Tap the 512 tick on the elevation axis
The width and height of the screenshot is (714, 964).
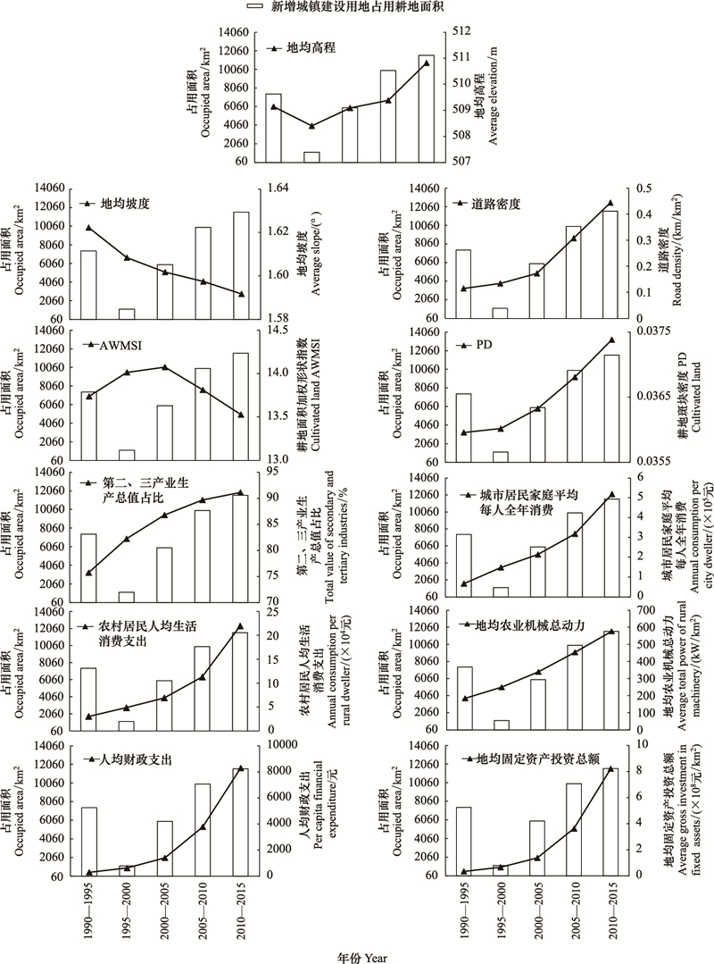(x=460, y=31)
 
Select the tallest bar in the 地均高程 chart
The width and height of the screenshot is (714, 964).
(x=426, y=109)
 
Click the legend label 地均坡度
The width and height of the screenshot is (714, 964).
(x=125, y=203)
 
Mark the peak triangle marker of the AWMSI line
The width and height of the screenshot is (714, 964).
(x=163, y=367)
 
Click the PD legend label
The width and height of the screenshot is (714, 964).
(x=484, y=346)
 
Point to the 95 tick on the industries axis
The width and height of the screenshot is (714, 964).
(x=270, y=472)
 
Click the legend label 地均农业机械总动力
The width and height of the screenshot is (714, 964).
(x=530, y=625)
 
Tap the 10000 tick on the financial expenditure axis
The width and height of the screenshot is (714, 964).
(x=280, y=744)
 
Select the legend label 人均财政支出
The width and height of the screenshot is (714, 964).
(x=135, y=760)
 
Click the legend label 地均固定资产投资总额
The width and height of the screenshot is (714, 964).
(x=538, y=759)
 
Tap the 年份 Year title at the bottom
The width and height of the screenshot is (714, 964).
(x=362, y=957)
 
